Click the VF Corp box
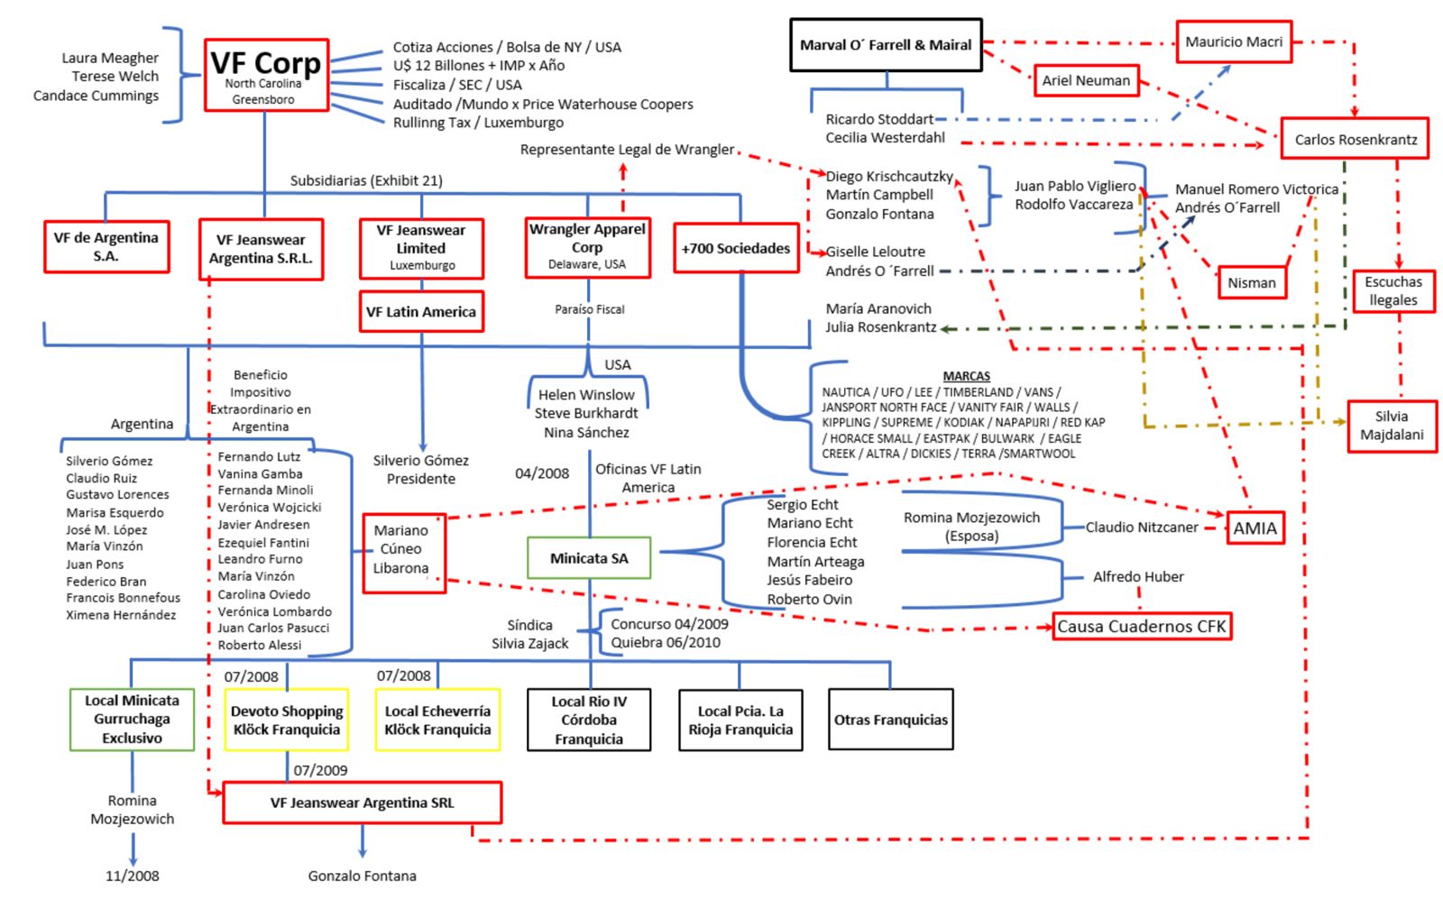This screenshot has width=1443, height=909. tap(266, 75)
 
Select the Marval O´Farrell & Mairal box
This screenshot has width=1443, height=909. tap(886, 45)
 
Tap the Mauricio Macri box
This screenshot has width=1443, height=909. tap(1234, 42)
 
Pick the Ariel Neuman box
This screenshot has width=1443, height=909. tap(1086, 80)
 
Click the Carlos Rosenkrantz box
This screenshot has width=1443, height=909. tap(1355, 139)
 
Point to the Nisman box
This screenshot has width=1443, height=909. tap(1251, 282)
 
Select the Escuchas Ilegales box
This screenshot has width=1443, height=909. tap(1393, 291)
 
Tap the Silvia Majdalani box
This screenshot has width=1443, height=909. tap(1392, 426)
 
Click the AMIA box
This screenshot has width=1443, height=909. tap(1255, 528)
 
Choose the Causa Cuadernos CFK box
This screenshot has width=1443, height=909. tap(1142, 627)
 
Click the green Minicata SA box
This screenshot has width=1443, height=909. tap(589, 558)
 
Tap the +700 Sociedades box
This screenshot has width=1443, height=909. tap(736, 248)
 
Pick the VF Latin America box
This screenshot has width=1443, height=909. tap(421, 312)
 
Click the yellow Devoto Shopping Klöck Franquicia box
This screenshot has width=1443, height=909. tap(287, 720)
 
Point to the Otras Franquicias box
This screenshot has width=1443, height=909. tap(890, 720)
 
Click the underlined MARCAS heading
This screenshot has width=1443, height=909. tap(966, 376)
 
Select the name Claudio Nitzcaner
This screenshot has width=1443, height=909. tap(1142, 528)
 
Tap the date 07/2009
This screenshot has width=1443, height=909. tap(320, 770)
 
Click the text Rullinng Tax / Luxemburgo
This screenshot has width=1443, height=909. tap(478, 123)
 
